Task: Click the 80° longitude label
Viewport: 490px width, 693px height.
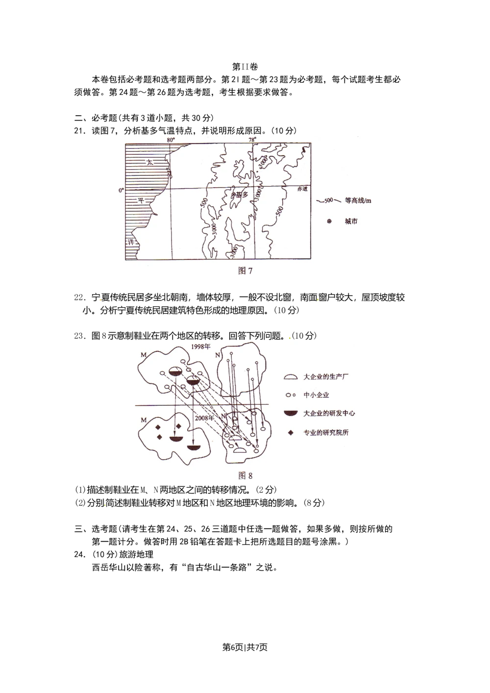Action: point(171,140)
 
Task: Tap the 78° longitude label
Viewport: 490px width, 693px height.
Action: point(252,140)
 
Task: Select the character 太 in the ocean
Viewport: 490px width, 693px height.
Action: point(150,162)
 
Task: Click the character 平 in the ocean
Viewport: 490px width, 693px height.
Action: point(141,200)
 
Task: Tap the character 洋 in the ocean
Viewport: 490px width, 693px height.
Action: point(130,243)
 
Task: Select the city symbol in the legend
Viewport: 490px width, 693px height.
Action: point(329,222)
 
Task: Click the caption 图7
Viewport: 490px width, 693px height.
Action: point(245,271)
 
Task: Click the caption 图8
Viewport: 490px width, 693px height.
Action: point(245,475)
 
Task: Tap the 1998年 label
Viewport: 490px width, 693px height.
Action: point(201,346)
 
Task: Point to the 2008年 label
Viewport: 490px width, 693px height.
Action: point(204,419)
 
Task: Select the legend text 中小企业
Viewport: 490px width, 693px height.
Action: point(317,395)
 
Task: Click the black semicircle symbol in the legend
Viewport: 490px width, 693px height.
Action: point(291,413)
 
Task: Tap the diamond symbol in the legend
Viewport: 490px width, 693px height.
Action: point(291,433)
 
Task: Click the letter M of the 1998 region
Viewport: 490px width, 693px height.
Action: point(144,355)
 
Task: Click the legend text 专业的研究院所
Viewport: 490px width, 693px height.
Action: point(326,433)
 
